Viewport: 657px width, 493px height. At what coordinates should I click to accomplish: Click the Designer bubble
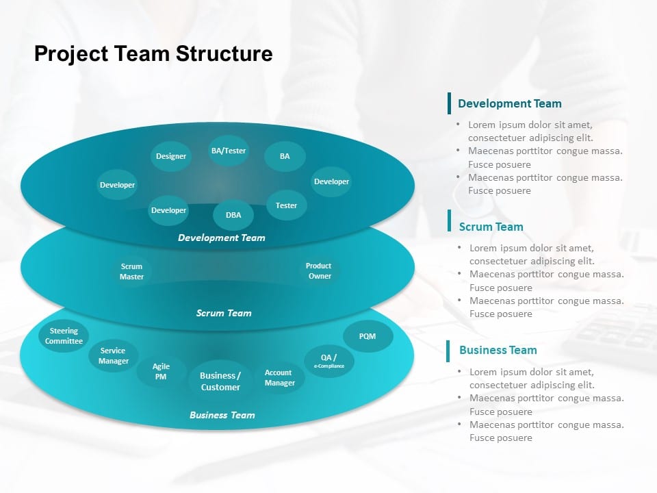[171, 156]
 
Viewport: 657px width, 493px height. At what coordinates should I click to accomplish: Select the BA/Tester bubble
[229, 151]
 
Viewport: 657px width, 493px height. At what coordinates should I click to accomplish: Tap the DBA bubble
[233, 215]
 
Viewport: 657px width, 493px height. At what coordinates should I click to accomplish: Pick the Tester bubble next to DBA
[286, 205]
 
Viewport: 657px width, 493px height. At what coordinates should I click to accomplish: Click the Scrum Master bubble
[131, 272]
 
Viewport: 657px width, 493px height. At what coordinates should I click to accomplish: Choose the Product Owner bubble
[319, 271]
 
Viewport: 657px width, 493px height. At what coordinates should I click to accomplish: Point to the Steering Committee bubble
[64, 336]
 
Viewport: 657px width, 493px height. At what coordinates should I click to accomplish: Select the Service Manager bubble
[113, 356]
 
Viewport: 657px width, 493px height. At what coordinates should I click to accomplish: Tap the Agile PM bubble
[161, 372]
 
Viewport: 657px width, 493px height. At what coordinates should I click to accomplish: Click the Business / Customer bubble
[220, 381]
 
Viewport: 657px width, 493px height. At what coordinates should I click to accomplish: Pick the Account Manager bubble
[279, 378]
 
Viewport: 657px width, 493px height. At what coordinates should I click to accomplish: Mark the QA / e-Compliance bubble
[329, 361]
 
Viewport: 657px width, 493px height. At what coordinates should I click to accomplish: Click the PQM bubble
[368, 336]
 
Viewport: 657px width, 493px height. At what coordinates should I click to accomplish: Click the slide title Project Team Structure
[153, 53]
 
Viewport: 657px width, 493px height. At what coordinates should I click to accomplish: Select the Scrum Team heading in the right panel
[491, 227]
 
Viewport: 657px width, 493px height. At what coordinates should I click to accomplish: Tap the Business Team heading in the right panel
[498, 350]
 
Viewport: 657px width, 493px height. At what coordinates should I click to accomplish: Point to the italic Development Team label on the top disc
[221, 238]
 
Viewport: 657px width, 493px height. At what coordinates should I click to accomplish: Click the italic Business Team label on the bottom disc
[222, 415]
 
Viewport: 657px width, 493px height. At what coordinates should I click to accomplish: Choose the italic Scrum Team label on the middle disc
[224, 313]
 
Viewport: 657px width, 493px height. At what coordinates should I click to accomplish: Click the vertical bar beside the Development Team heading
[450, 103]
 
